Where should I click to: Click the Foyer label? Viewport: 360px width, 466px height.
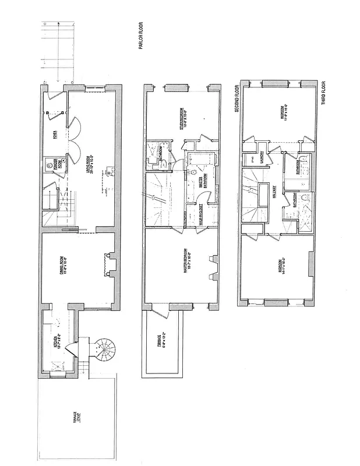pos(55,135)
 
